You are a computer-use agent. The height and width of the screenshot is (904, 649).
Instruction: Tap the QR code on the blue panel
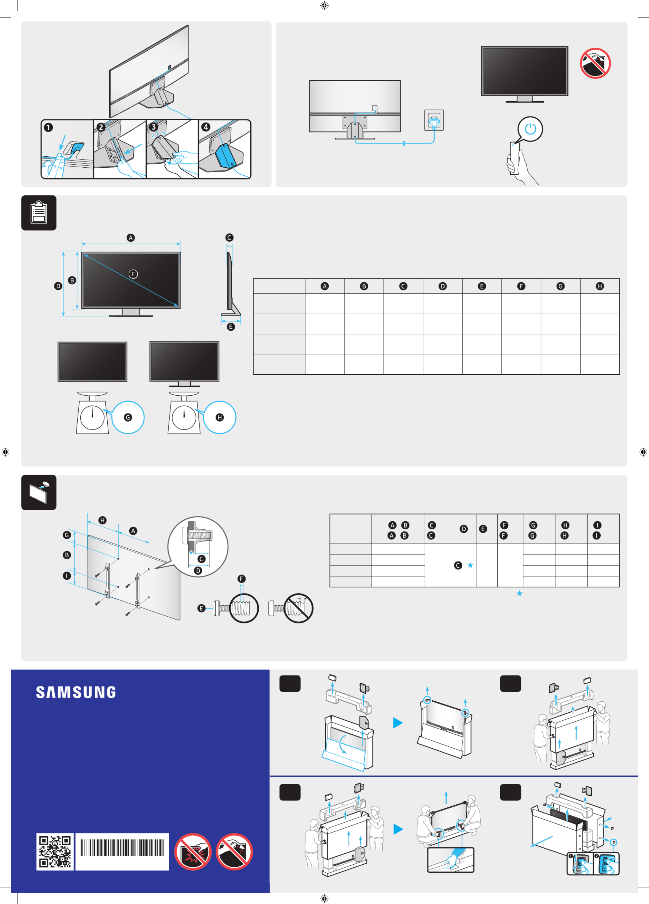click(x=55, y=852)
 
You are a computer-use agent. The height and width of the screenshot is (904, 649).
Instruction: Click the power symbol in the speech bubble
click(x=530, y=129)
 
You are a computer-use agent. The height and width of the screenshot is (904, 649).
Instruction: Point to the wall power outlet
click(x=434, y=120)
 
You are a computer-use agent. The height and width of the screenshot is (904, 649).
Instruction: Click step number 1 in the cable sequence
click(x=48, y=127)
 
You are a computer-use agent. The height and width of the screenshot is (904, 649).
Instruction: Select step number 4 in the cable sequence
click(x=206, y=127)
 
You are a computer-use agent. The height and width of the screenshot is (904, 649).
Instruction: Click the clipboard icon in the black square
click(x=39, y=213)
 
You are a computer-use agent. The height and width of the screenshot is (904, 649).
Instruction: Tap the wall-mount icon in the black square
click(x=39, y=493)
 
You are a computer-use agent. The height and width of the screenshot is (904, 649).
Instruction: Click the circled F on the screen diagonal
click(x=133, y=274)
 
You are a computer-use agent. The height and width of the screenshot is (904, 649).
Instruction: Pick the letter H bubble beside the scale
click(x=220, y=417)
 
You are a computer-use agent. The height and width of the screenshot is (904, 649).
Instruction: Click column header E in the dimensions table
click(x=482, y=286)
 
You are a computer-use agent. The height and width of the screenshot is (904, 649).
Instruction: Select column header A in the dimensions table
click(x=325, y=286)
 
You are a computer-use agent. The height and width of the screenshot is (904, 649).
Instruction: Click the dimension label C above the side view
click(x=229, y=238)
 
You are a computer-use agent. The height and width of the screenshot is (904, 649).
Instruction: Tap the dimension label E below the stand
click(x=231, y=327)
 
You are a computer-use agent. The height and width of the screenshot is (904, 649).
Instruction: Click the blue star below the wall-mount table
click(x=519, y=593)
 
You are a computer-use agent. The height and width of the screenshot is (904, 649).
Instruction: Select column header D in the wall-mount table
click(x=463, y=529)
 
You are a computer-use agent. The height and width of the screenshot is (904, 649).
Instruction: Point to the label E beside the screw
click(x=201, y=608)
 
